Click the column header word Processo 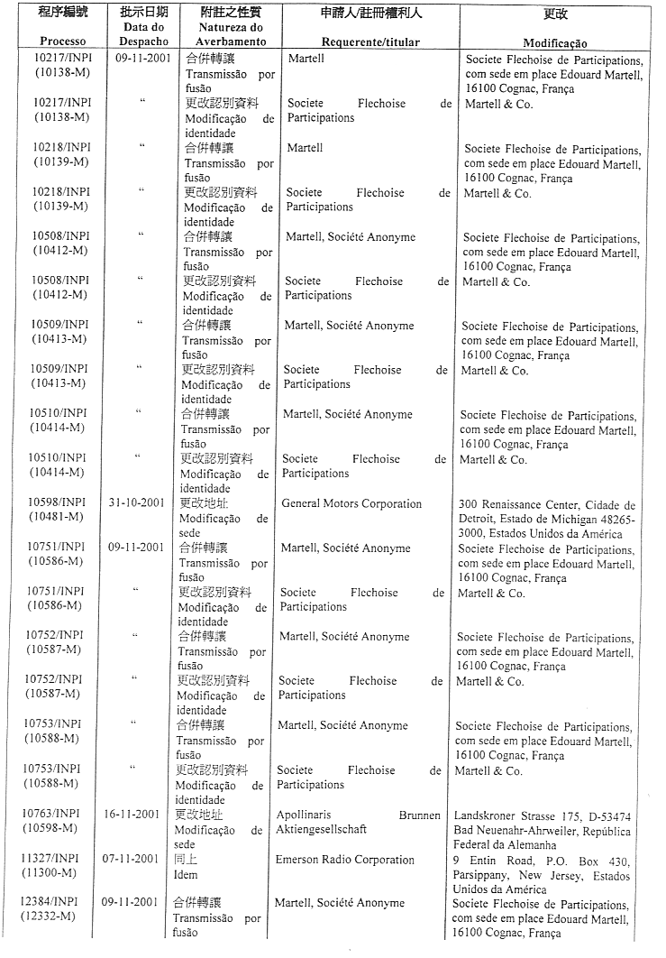(62, 42)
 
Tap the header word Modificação (555, 43)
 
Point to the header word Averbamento (233, 42)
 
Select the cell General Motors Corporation (351, 504)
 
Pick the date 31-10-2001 (136, 502)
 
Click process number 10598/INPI (57, 502)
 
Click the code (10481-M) (55, 517)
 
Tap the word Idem (185, 874)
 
